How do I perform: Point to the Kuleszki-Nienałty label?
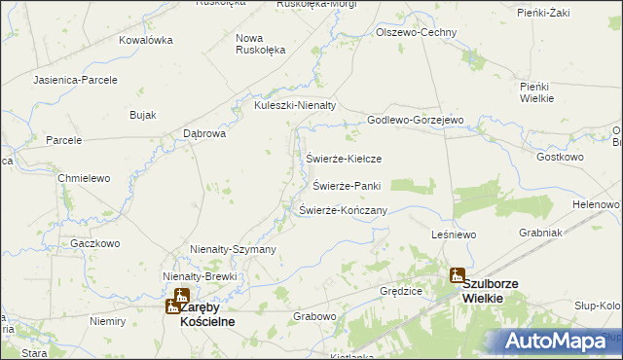294,106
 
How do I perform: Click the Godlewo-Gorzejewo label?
415,120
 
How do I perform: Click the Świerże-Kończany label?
344,210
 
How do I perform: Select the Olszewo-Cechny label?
417,32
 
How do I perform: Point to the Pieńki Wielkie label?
536,92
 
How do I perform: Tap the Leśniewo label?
452,235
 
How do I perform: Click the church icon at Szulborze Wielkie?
457,276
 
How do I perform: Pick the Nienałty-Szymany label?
234,250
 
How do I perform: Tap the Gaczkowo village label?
94,243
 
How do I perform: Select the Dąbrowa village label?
204,133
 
